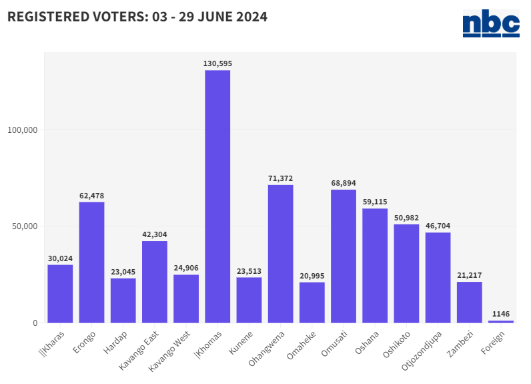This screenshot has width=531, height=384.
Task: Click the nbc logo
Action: tap(491, 23)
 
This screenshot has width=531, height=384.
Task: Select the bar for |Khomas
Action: tap(217, 196)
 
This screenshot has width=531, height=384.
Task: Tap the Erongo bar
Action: tap(91, 262)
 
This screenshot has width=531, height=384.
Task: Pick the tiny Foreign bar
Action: tap(501, 321)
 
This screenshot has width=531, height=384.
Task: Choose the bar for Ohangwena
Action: tap(280, 254)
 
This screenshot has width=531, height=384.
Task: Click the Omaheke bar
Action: tap(312, 302)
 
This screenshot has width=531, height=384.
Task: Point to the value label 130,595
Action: tap(217, 63)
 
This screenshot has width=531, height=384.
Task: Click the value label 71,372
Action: tap(280, 178)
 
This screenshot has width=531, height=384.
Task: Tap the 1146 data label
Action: tap(501, 313)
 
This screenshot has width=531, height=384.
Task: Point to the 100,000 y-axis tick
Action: tap(23, 130)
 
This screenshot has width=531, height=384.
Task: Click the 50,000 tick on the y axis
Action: tap(25, 226)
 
